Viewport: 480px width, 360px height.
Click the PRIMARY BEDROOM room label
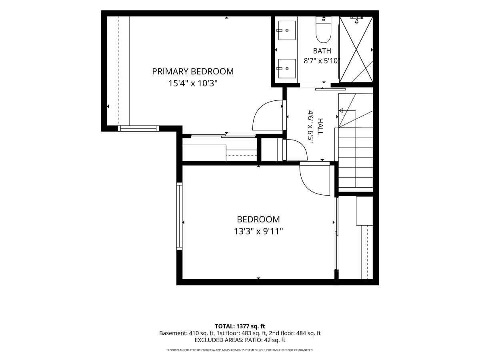tap(193, 72)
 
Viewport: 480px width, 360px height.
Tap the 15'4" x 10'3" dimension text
tap(193, 83)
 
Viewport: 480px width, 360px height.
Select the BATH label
tap(322, 51)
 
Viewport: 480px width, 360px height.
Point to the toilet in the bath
tap(324, 30)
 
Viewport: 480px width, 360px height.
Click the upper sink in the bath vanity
tap(287, 30)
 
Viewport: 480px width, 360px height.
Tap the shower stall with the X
tap(356, 50)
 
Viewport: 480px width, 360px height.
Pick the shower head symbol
tap(357, 20)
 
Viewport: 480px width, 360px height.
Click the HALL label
tap(320, 126)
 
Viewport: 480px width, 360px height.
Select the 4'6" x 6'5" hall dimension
tap(311, 126)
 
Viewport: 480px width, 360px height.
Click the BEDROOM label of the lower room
tap(258, 220)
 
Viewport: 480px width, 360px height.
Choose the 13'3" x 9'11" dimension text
tap(258, 231)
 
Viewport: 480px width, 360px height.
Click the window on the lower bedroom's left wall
tap(179, 216)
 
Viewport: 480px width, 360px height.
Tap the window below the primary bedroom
tap(138, 128)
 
